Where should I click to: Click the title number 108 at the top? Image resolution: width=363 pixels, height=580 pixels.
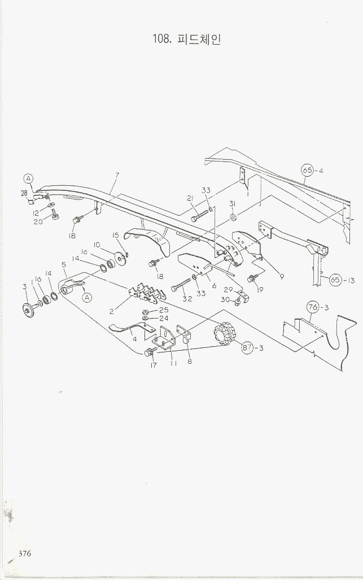(x=162, y=39)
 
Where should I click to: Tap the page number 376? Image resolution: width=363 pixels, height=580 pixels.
(x=24, y=553)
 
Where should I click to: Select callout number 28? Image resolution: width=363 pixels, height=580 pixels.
(x=24, y=193)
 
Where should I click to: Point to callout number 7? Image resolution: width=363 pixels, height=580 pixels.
(x=117, y=176)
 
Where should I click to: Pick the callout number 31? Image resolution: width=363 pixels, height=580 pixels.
(x=232, y=203)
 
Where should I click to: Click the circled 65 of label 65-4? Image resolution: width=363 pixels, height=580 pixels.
(x=307, y=170)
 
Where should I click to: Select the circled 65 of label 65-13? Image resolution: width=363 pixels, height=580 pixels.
(x=335, y=280)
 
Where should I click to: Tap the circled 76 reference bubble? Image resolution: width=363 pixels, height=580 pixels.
(x=313, y=307)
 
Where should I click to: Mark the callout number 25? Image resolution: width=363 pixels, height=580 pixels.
(x=164, y=311)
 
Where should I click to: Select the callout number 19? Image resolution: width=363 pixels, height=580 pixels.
(x=260, y=289)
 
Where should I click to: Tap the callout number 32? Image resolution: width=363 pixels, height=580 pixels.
(x=187, y=299)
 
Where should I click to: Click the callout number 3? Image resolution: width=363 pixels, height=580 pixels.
(x=24, y=287)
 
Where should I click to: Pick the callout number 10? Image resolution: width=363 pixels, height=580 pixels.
(x=97, y=245)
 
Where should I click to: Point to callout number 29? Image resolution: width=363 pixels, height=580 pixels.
(x=229, y=289)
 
